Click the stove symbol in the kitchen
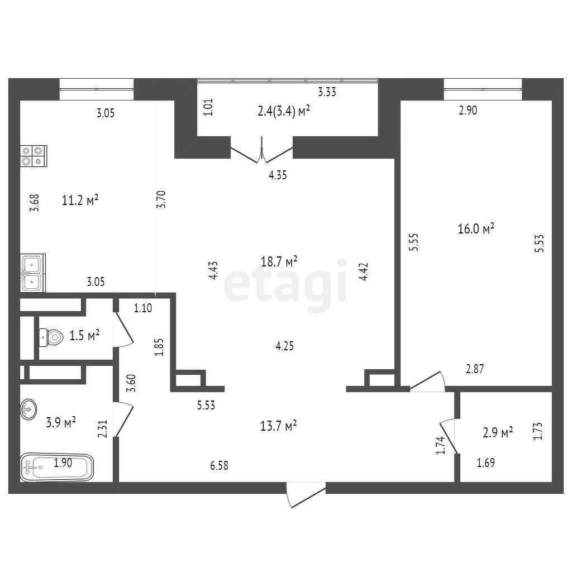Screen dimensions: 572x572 point(34,156)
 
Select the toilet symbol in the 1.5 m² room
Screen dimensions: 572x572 point(51,337)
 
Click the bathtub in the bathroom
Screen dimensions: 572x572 point(57,467)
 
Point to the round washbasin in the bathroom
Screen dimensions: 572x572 point(28,409)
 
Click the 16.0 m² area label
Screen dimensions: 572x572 point(476,228)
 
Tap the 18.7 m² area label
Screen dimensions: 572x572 point(279,261)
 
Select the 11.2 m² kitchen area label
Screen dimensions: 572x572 point(80,200)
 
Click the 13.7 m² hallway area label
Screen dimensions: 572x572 point(278,425)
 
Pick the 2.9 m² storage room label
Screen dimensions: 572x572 point(498,433)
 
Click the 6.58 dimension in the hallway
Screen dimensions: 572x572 point(219,465)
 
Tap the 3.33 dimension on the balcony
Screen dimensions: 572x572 point(327,92)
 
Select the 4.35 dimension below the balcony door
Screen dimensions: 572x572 point(278,175)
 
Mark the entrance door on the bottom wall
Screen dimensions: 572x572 point(306,495)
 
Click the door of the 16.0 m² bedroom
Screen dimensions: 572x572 point(427,382)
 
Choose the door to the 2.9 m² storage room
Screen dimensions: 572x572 point(449,436)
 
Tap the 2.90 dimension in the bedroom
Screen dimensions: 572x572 point(468,110)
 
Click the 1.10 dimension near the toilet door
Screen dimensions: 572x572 point(143,308)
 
